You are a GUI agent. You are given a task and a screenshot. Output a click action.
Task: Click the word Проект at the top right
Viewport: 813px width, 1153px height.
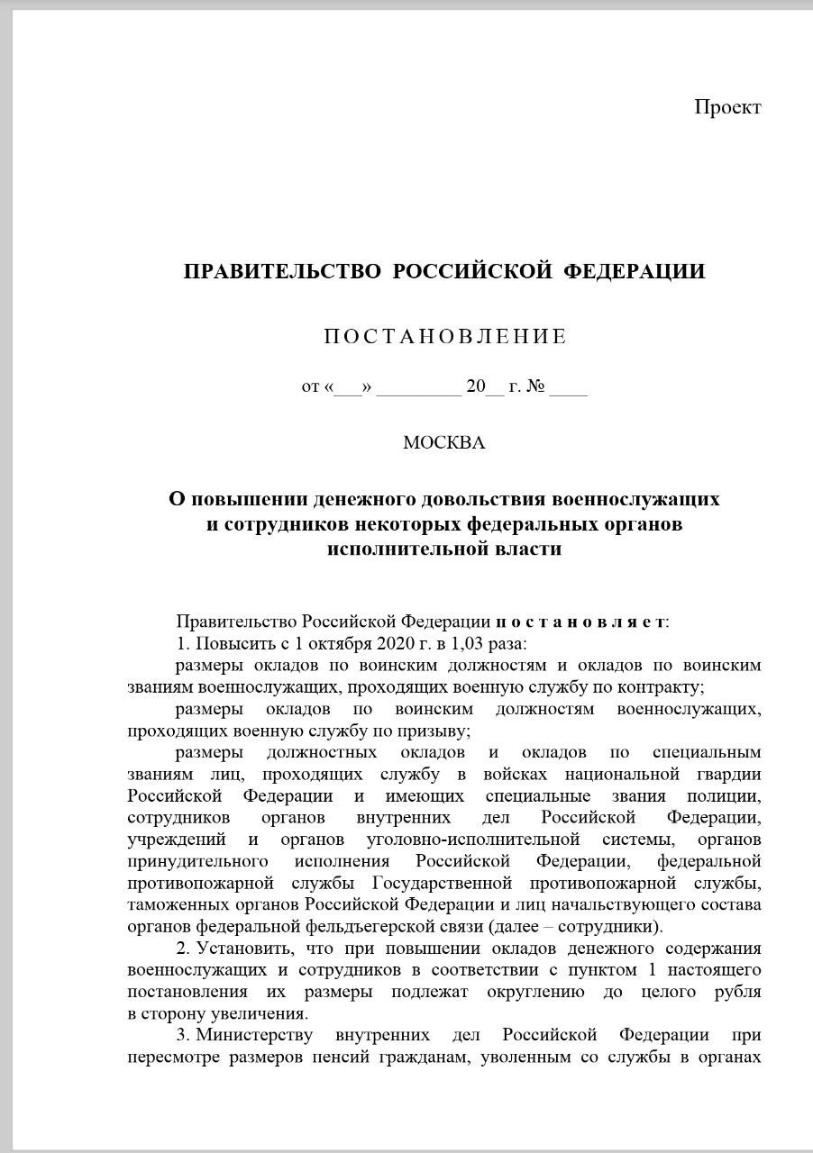coord(727,107)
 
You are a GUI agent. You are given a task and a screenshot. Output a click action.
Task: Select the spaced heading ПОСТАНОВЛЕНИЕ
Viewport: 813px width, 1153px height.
coord(444,337)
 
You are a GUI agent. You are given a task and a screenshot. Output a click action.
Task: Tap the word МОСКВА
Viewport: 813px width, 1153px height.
coord(443,443)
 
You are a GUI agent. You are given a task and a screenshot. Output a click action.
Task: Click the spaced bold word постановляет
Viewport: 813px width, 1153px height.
coord(581,622)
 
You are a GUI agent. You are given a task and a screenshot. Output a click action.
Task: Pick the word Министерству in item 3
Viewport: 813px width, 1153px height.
coord(250,1036)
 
